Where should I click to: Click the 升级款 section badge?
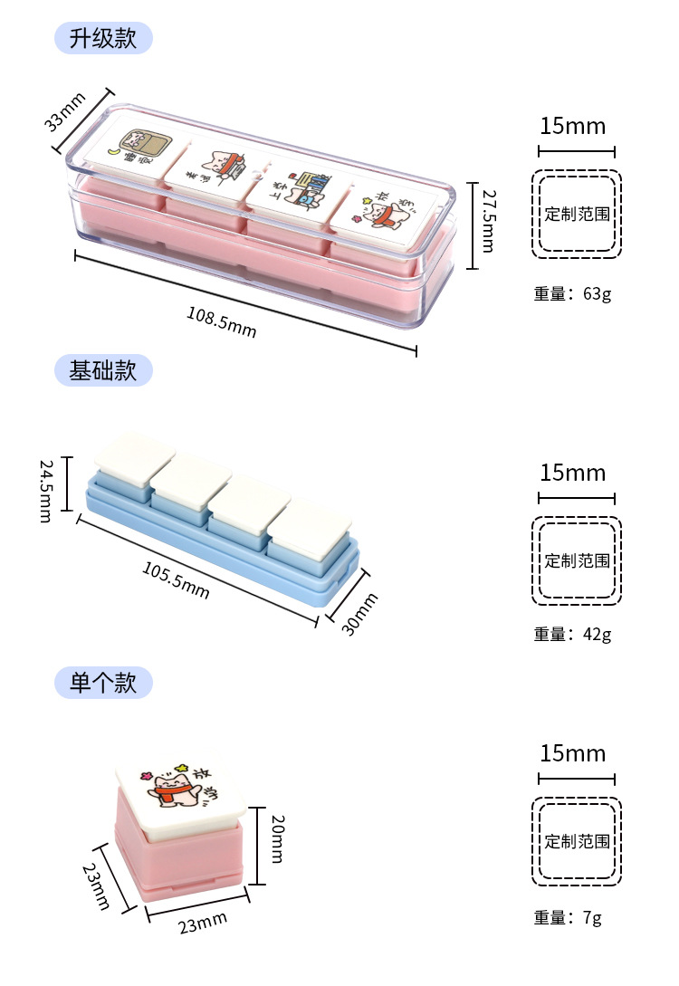tap(103, 38)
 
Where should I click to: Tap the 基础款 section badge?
tap(103, 370)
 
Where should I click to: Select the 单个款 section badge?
tap(103, 682)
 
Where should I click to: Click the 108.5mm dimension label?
tap(222, 321)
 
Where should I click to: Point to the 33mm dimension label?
tap(65, 110)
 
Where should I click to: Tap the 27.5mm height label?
tap(488, 221)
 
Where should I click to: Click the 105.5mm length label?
tap(176, 579)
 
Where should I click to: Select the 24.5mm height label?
tap(46, 490)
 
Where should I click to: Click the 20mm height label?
tap(277, 838)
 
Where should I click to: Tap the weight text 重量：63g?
tap(572, 293)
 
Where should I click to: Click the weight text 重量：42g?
tap(572, 634)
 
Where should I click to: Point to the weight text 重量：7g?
tap(568, 917)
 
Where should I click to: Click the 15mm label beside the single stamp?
tap(572, 753)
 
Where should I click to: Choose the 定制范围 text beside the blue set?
tap(577, 560)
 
